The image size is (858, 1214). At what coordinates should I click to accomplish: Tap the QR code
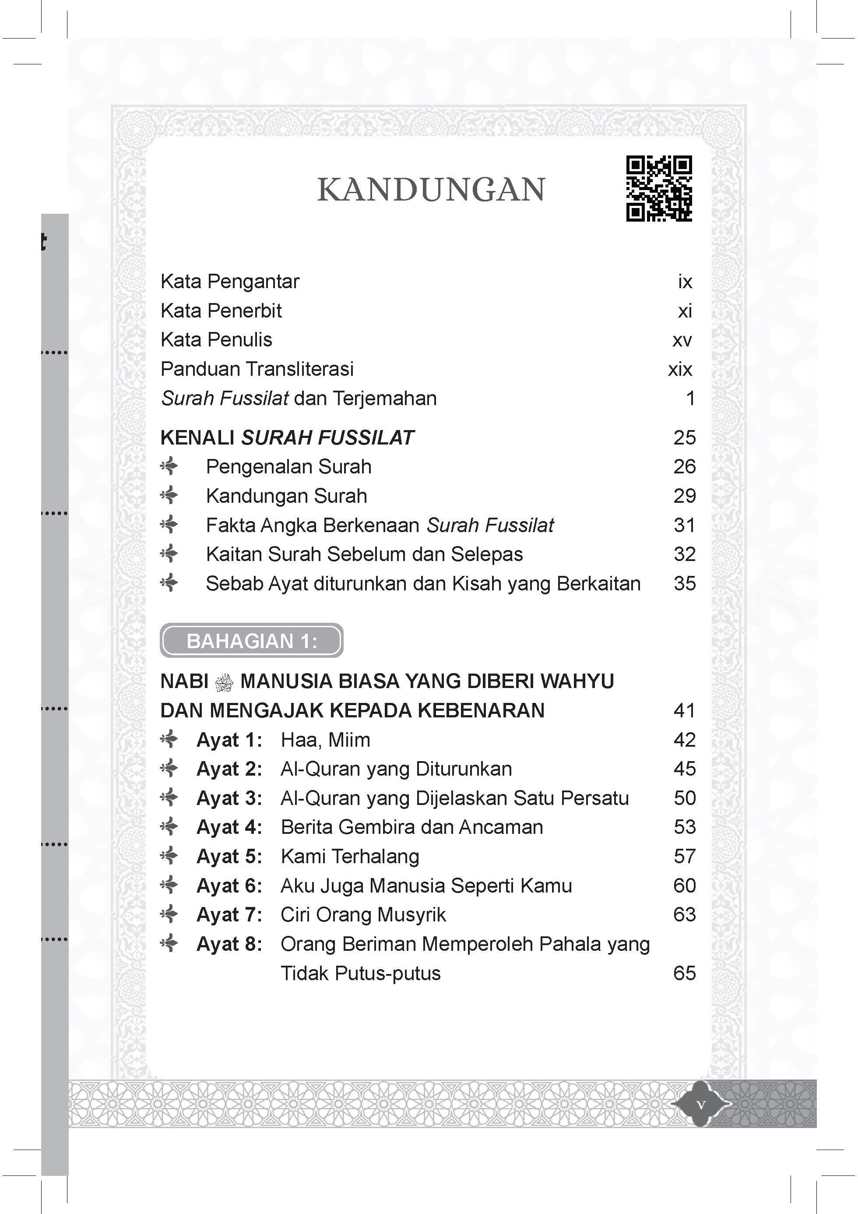coord(659,188)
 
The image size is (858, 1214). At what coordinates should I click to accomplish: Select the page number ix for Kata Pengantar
coord(685,282)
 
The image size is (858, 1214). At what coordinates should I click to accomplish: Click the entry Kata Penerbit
coord(221,311)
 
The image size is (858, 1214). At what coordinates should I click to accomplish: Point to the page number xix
coord(680,369)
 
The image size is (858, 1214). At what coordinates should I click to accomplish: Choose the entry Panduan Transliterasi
coord(257,369)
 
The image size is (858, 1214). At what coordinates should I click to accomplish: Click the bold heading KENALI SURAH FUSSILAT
coord(287,438)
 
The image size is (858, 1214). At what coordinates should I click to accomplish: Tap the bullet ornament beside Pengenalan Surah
coord(169,467)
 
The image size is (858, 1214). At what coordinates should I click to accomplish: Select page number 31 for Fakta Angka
coord(685,525)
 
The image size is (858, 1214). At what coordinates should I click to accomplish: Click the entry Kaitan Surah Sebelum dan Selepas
coord(364,554)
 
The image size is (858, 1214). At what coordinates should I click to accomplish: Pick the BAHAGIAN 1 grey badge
coord(252,641)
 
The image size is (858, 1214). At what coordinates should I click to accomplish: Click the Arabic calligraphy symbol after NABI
coord(224,683)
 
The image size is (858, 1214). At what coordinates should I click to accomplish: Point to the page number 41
coord(685,711)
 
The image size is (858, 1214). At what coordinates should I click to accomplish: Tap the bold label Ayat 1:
coord(229,740)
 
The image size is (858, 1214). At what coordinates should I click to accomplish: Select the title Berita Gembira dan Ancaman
coord(412,827)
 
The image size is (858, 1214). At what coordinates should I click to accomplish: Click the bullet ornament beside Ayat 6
coord(169,885)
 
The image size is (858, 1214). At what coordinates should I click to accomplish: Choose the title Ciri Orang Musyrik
coord(363,915)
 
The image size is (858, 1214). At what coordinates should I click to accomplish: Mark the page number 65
coord(685,974)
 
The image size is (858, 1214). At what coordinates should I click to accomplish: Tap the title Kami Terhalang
coord(350,857)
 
